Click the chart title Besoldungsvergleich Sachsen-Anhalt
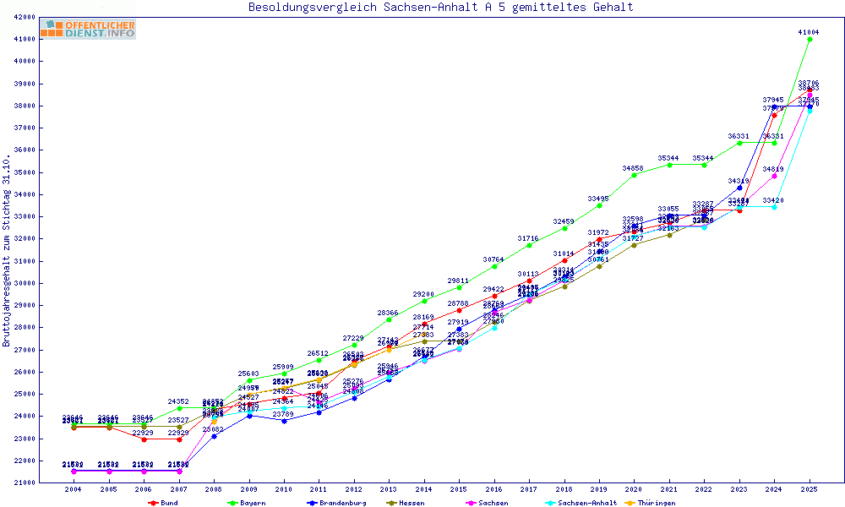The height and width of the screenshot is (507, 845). point(440,8)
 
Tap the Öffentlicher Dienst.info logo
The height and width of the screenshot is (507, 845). point(88,30)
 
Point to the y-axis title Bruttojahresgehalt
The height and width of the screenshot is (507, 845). point(7,250)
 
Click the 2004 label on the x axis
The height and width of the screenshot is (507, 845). point(74,489)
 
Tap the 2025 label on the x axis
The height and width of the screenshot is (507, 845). point(810,489)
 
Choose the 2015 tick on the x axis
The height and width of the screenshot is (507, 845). point(459,489)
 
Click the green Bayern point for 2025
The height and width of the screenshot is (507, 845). point(810,39)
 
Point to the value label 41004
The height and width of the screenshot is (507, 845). point(809,32)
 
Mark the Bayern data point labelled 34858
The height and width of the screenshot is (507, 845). point(634,175)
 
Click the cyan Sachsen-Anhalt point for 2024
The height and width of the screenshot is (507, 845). point(774,207)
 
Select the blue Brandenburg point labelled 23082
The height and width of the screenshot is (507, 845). point(214,436)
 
